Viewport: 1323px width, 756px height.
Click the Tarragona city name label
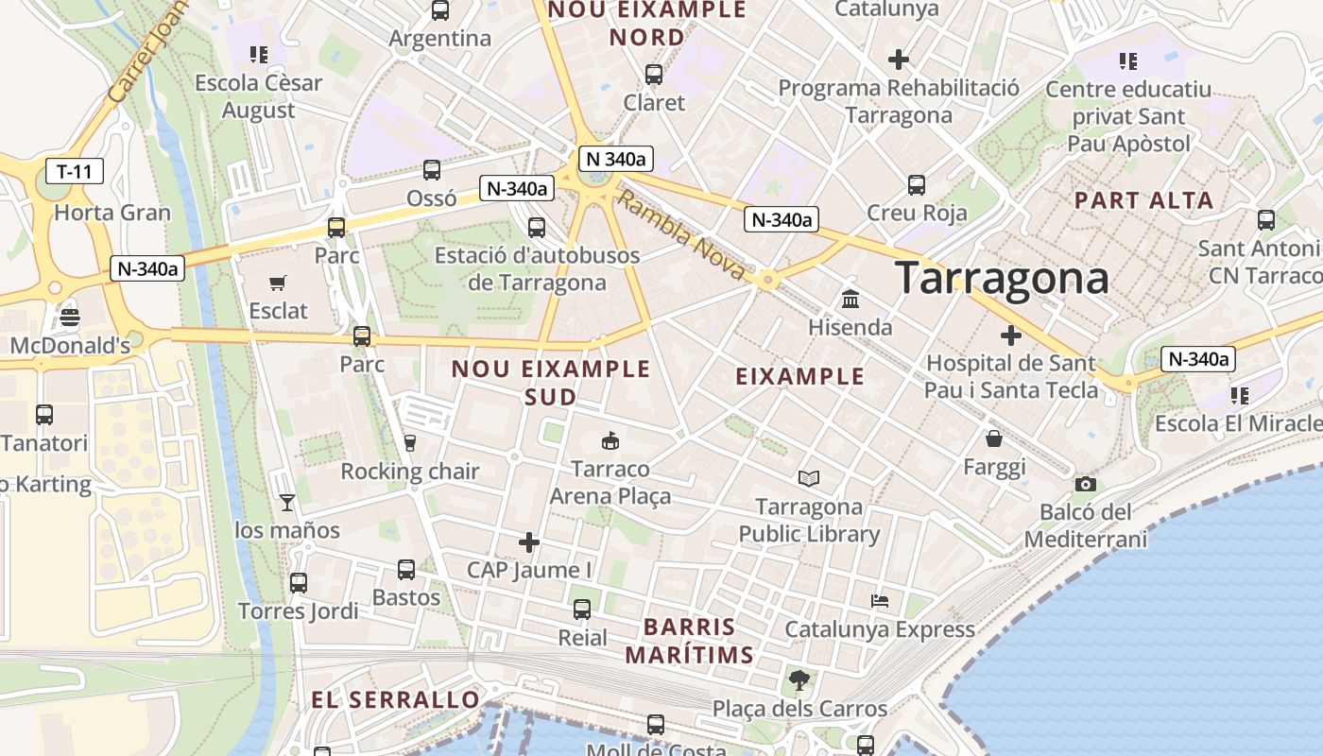click(1002, 278)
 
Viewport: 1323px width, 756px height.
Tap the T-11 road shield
click(75, 171)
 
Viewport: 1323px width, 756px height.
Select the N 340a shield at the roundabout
click(616, 159)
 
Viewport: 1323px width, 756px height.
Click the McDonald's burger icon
click(69, 318)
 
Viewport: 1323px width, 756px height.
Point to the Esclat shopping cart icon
click(278, 283)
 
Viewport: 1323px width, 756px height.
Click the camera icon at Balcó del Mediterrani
click(1085, 485)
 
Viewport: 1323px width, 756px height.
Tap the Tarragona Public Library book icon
click(809, 478)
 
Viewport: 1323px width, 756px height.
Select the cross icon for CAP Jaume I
click(529, 542)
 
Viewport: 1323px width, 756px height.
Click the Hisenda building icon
click(850, 300)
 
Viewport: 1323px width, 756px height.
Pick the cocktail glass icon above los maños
click(287, 502)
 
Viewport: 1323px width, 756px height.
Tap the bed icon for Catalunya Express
click(880, 601)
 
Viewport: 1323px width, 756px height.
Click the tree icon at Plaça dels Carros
click(799, 679)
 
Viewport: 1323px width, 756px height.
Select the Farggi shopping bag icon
click(994, 438)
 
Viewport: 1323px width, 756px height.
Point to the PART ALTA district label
click(1143, 200)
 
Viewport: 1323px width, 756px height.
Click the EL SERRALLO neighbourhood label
click(396, 700)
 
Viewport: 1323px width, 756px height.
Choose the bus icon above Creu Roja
click(916, 184)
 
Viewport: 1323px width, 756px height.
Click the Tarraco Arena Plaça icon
click(610, 440)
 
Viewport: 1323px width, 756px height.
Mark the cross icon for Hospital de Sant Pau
click(1011, 335)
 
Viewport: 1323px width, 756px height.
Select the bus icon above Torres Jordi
click(299, 583)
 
